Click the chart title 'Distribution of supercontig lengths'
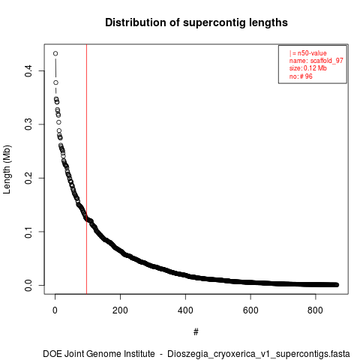pos(196,22)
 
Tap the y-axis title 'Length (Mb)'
pos(7,169)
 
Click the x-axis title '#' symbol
pos(196,332)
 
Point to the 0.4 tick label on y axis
pos(28,71)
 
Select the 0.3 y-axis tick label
pos(28,124)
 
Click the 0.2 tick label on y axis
pos(28,178)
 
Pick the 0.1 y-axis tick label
pos(28,232)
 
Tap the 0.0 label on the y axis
pos(28,285)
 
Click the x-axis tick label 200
pos(120,310)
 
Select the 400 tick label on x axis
pos(185,310)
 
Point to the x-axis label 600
pos(250,310)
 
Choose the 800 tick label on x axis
pos(316,310)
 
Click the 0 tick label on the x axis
pos(55,310)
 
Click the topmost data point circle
pos(55,53)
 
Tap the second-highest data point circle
pos(55,82)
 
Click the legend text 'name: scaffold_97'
pos(316,61)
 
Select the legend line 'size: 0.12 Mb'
pos(308,68)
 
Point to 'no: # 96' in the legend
pos(301,76)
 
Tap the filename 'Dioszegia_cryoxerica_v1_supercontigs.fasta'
pos(259,354)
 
